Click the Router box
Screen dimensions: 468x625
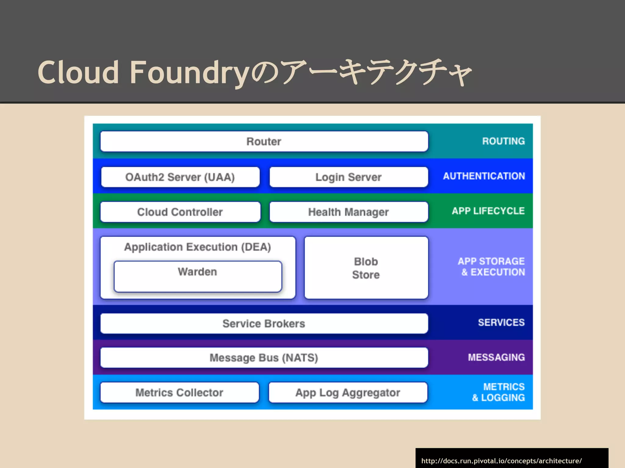[x=264, y=141]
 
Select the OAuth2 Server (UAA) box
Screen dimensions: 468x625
[x=180, y=177]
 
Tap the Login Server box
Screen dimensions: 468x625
[x=349, y=177]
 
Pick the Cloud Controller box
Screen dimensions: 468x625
[x=180, y=212]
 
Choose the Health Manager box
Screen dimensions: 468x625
[x=349, y=212]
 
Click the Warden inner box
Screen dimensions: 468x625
[x=198, y=277]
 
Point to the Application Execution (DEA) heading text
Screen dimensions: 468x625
[x=197, y=247]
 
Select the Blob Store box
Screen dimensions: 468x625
[x=366, y=268]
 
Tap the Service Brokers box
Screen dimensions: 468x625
[x=264, y=323]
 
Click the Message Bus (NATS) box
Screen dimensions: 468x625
[x=264, y=357]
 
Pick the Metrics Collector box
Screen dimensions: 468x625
[x=179, y=392]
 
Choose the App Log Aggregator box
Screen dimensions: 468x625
[x=348, y=392]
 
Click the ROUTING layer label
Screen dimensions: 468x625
[x=503, y=141]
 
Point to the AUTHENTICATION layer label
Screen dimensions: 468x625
[x=484, y=176]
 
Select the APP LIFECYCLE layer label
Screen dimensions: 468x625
[x=488, y=211]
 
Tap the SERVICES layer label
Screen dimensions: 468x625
[x=501, y=322]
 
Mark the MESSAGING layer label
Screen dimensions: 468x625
[x=496, y=357]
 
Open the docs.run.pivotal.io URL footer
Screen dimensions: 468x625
[x=501, y=461]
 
